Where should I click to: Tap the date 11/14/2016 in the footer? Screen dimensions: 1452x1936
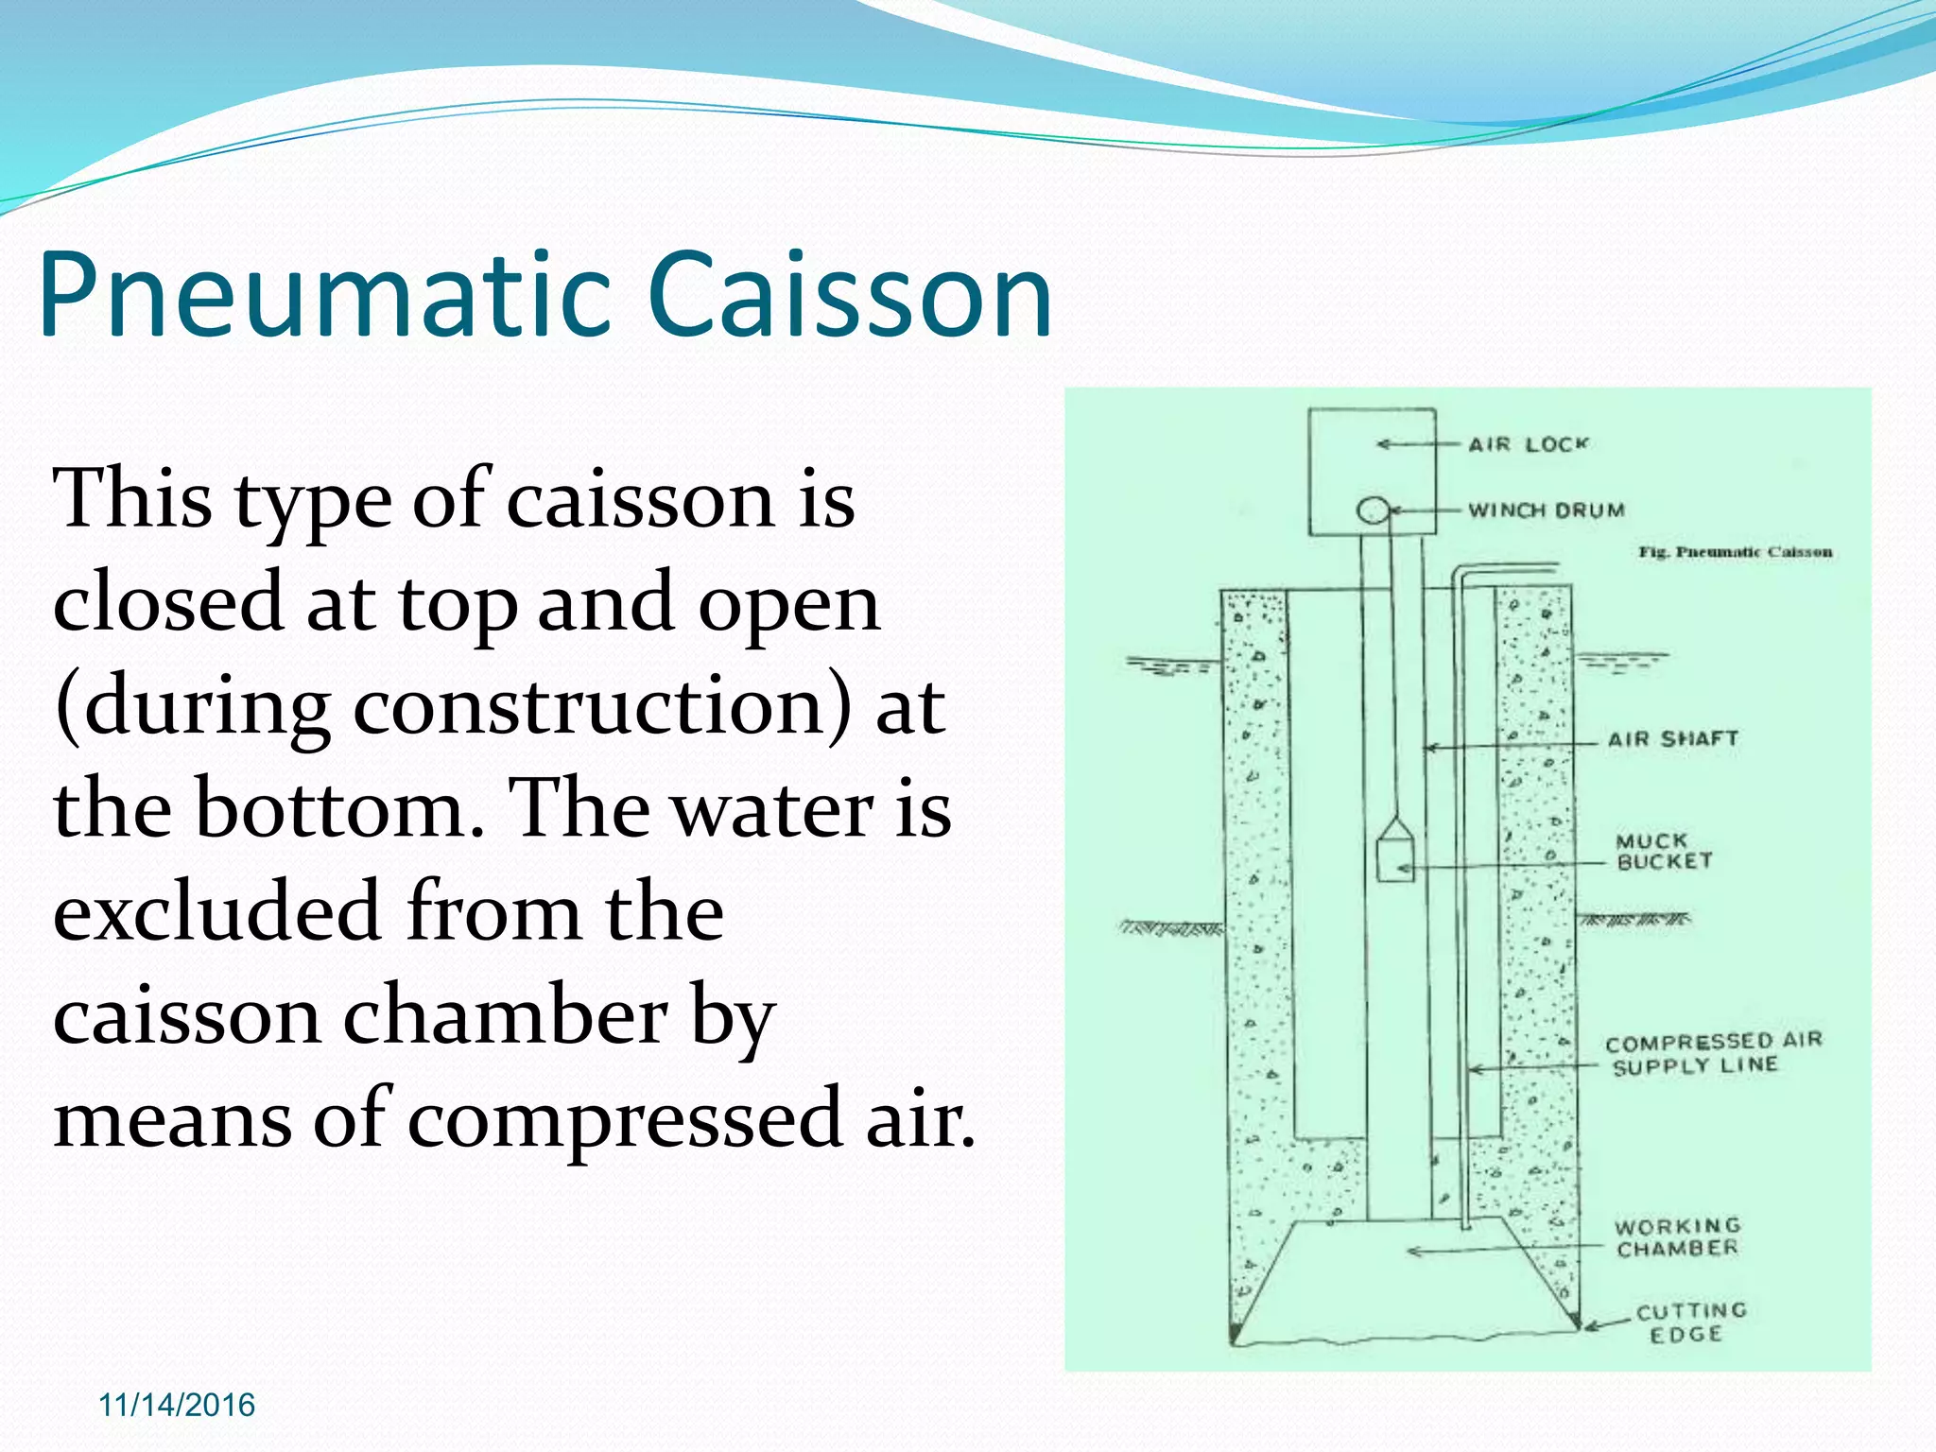tap(177, 1405)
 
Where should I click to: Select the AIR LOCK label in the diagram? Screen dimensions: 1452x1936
tap(1528, 444)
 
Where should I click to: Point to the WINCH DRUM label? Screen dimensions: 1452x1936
tap(1546, 510)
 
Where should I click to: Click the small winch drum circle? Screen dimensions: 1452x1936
tap(1372, 511)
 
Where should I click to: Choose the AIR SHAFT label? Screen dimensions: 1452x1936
tap(1673, 739)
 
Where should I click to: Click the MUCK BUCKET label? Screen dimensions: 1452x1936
tap(1663, 851)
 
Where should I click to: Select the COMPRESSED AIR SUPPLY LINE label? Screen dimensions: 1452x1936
tap(1711, 1053)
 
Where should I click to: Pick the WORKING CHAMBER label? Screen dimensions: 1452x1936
tap(1677, 1236)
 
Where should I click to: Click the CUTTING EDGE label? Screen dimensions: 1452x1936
tap(1690, 1322)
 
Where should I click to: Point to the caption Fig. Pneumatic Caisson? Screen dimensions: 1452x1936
tap(1735, 552)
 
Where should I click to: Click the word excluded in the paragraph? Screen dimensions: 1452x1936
tap(216, 912)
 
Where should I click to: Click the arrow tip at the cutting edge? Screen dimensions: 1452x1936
tap(1588, 1327)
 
